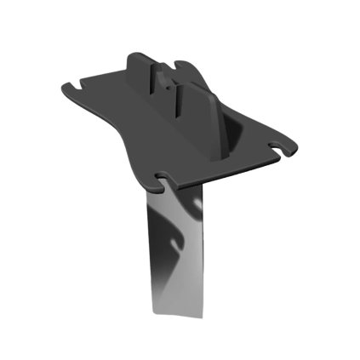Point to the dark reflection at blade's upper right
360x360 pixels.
tap(195, 204)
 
